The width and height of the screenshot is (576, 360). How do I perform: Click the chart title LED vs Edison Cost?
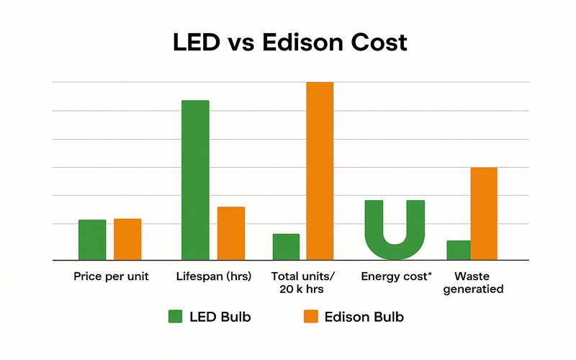(x=290, y=42)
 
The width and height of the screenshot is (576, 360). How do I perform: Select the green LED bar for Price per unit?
(x=92, y=240)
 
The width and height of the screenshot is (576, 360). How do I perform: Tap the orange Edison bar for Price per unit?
(x=127, y=239)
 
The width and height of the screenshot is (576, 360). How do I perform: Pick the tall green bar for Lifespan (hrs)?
(x=195, y=180)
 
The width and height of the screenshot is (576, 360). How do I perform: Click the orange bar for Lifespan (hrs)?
(x=231, y=233)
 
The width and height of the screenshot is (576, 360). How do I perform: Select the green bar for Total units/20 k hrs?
(x=286, y=247)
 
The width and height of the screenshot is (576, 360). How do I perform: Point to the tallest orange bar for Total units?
(x=320, y=171)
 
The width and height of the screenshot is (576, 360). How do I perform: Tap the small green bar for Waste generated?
(x=458, y=250)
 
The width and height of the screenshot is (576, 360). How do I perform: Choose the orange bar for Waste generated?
(x=484, y=213)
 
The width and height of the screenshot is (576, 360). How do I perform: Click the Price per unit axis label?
(x=111, y=276)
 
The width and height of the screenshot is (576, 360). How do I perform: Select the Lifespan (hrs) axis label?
(x=214, y=276)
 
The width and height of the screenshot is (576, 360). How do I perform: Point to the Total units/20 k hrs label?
(x=303, y=283)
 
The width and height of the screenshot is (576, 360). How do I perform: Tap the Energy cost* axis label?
(x=397, y=276)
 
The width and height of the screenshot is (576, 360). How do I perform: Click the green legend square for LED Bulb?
(x=176, y=317)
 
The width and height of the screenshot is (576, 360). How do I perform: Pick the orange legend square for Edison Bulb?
(x=310, y=317)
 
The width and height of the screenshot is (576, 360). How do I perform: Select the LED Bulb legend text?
(x=220, y=317)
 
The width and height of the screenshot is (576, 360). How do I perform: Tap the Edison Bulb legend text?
(x=364, y=317)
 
